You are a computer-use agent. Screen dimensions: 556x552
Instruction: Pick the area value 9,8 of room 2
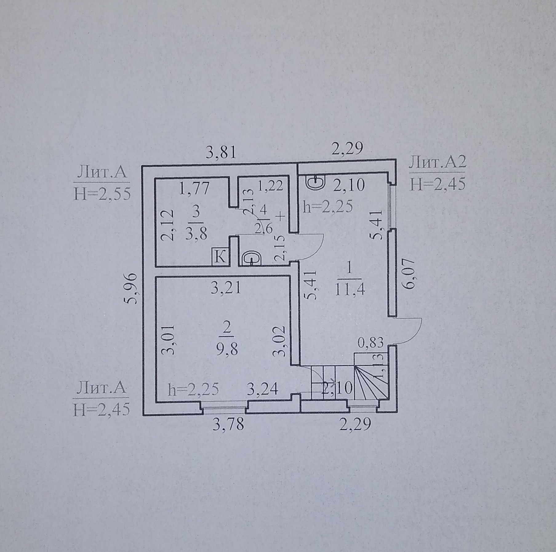click(227, 350)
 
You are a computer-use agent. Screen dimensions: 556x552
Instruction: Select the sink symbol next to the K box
click(252, 258)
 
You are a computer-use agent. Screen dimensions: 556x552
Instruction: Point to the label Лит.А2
click(437, 162)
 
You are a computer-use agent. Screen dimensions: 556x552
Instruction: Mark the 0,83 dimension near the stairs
click(371, 342)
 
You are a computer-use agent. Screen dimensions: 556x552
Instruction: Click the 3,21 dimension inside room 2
click(226, 288)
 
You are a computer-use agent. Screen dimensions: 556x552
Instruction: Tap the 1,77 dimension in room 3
click(194, 187)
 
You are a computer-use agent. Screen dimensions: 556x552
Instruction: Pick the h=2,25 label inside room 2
click(194, 390)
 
